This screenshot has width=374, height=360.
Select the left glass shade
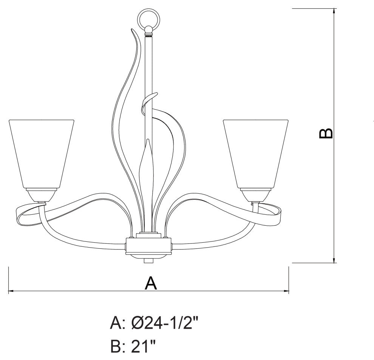pyautogui.click(x=41, y=153)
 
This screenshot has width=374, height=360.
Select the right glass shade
pyautogui.click(x=256, y=153)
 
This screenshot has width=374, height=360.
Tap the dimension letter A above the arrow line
pyautogui.click(x=150, y=283)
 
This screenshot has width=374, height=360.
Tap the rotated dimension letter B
pyautogui.click(x=326, y=133)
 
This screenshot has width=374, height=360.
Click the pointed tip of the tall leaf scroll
pyautogui.click(x=132, y=29)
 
